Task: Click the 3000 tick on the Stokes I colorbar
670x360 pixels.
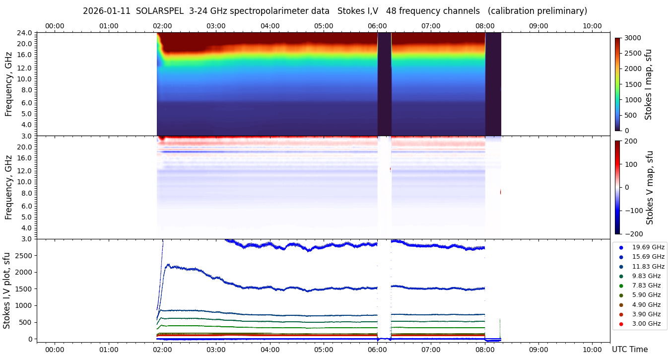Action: [633, 38]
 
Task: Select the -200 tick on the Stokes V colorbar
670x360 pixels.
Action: [633, 234]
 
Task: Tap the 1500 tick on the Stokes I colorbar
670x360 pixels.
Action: [633, 84]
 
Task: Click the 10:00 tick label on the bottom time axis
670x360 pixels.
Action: [592, 350]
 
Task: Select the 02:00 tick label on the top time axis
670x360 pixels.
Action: [162, 26]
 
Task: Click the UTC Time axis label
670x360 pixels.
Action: [629, 350]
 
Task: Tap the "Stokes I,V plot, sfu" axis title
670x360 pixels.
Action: [7, 290]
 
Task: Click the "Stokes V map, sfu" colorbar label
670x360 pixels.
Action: [650, 187]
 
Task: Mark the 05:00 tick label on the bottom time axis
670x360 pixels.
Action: [324, 350]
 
